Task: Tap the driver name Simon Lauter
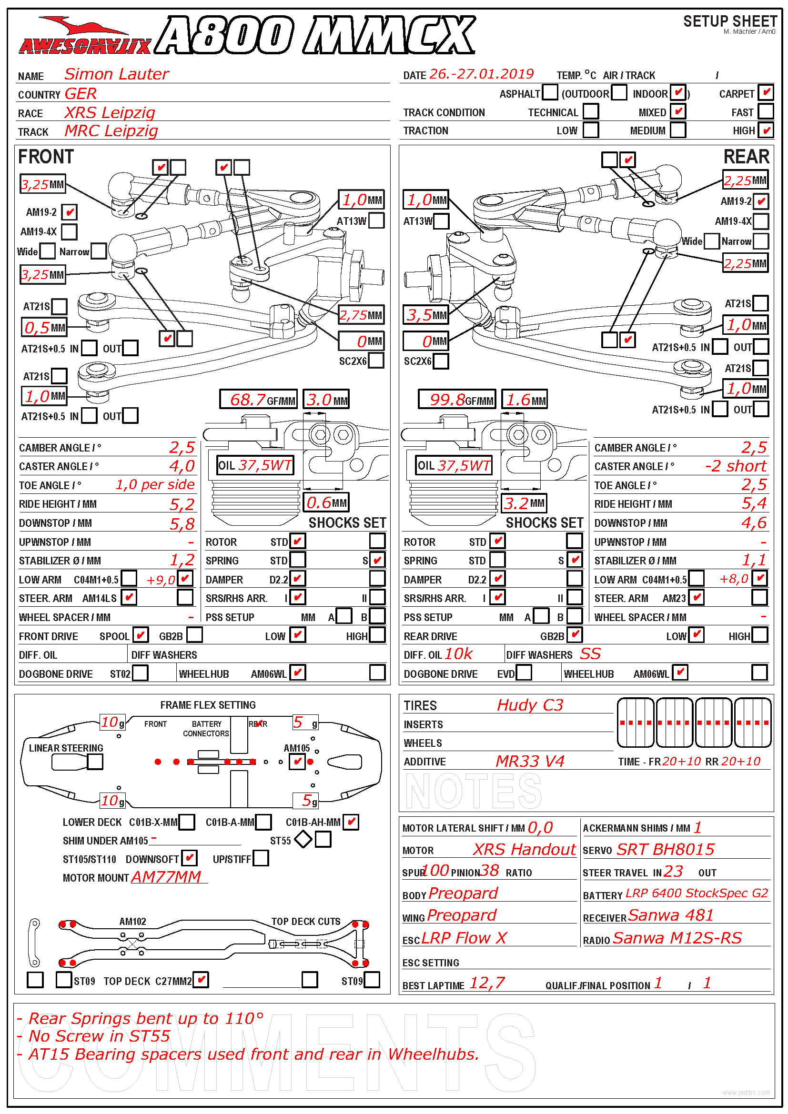click(116, 74)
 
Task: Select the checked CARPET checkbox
click(766, 92)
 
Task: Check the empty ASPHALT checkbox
click(550, 92)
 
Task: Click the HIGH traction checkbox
click(766, 130)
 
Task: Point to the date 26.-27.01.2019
click(481, 74)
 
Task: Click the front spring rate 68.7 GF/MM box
click(258, 400)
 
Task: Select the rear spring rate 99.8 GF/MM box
click(456, 400)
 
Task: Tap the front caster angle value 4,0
click(182, 466)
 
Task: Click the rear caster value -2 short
click(736, 466)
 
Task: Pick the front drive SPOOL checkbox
click(141, 635)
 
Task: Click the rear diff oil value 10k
click(458, 654)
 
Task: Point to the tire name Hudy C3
click(530, 705)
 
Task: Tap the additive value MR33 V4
click(530, 761)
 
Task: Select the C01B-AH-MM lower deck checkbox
click(351, 822)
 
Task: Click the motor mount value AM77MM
click(166, 877)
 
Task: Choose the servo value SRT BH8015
click(665, 850)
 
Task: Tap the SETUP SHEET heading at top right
click(730, 21)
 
